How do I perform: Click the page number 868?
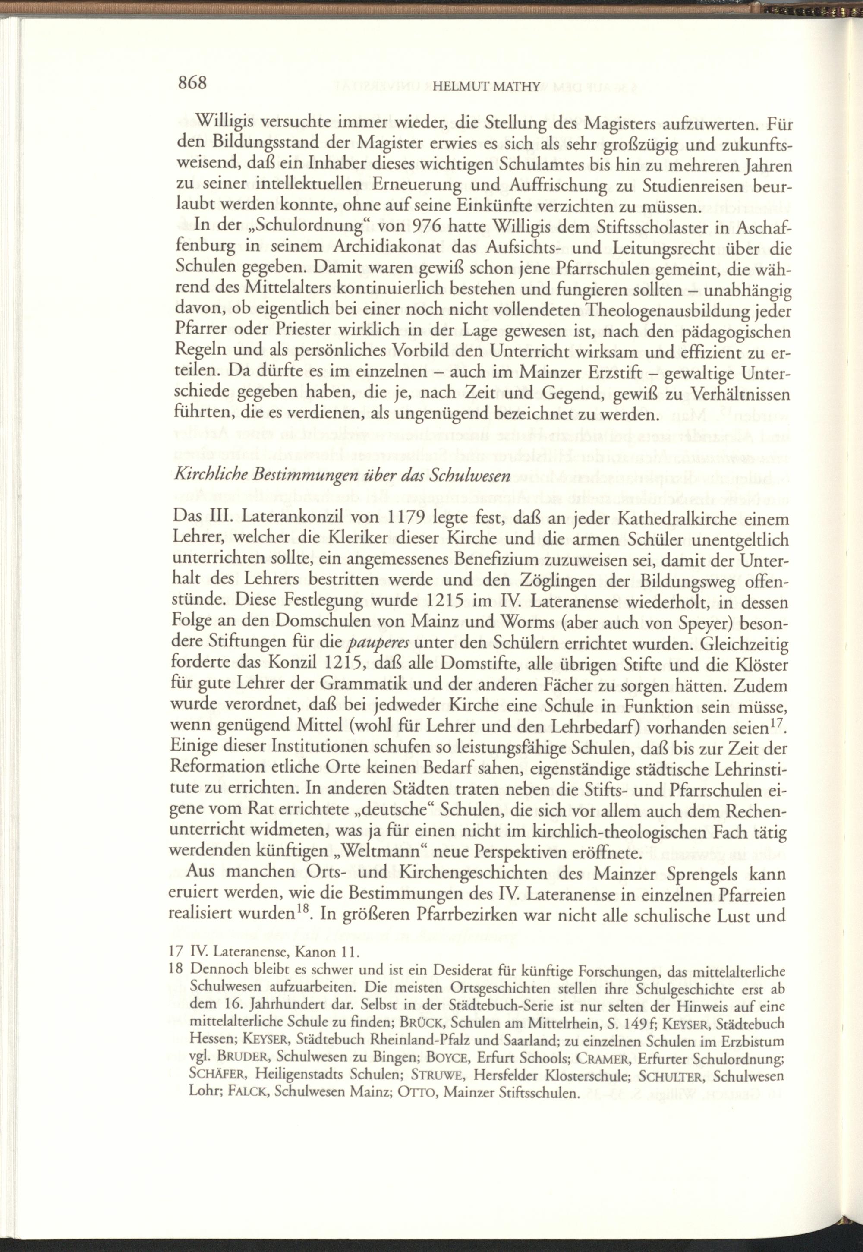192,84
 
